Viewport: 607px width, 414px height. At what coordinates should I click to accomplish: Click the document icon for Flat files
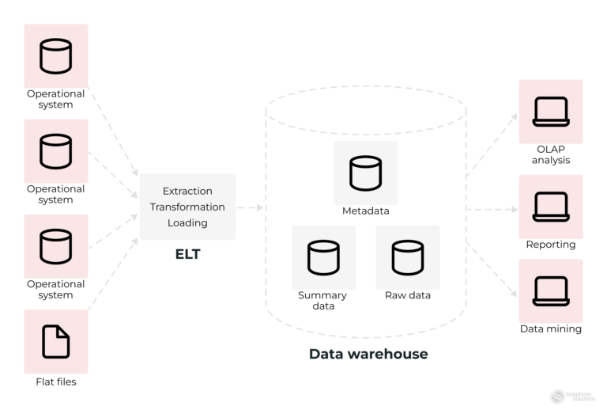pos(55,341)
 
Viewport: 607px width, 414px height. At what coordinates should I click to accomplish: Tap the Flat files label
pos(55,382)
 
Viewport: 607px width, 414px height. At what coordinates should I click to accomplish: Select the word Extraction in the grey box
pos(187,191)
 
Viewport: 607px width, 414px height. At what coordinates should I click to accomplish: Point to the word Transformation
pos(187,207)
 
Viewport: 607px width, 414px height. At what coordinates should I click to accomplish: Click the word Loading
pos(187,222)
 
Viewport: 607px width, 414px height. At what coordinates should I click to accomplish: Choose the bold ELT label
pos(187,254)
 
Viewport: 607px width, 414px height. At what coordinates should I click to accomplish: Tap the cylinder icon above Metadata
pos(365,173)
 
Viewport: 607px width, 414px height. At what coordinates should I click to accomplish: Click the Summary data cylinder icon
pos(323,257)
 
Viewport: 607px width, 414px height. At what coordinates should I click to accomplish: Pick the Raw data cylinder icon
pos(407,257)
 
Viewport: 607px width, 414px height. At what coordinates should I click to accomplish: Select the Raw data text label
pos(407,295)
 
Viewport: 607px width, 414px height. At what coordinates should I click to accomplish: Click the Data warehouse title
pos(368,354)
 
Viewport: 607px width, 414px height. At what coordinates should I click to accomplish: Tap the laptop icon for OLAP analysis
pos(550,112)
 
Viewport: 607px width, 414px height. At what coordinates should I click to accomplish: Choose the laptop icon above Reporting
pos(550,207)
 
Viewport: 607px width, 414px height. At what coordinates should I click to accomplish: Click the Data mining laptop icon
pos(550,291)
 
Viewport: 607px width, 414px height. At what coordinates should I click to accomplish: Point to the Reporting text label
pos(550,245)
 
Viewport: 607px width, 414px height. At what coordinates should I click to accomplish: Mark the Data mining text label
pos(550,329)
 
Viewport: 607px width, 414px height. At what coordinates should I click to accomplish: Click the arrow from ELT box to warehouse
pos(250,207)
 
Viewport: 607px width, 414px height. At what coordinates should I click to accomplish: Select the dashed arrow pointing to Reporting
pos(492,211)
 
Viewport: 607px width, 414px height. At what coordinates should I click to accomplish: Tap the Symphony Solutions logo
pos(572,397)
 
